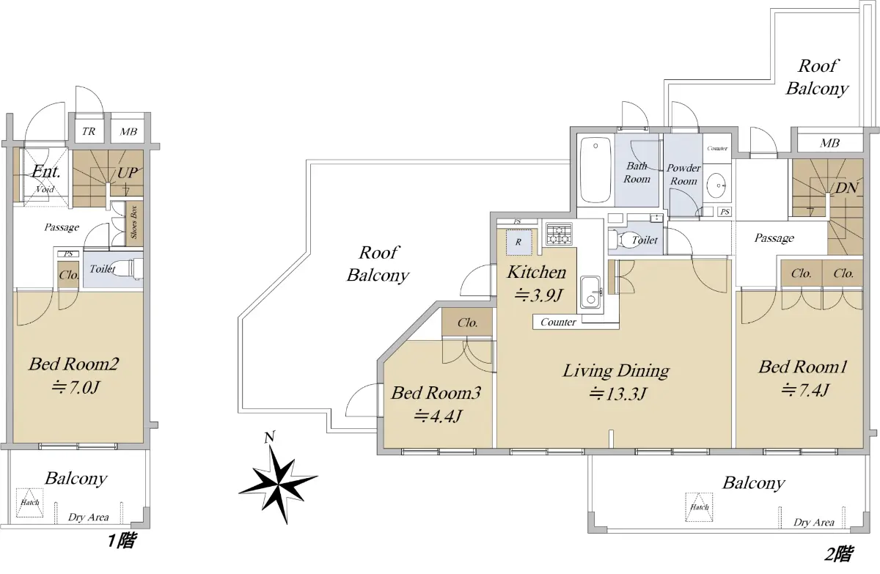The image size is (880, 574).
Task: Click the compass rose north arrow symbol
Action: pos(279,479)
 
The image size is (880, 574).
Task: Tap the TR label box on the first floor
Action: pos(89,131)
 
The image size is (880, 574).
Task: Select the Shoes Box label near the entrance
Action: pos(134,223)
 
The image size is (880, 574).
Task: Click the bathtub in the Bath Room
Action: pos(595,169)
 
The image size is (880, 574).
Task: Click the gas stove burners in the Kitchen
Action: pos(559,233)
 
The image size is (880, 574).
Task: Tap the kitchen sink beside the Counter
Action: pos(590,292)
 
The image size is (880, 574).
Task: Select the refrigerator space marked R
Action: pos(518,242)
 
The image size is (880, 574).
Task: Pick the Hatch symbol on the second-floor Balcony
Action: pos(700,507)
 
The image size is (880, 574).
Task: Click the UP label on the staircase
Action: pos(128,173)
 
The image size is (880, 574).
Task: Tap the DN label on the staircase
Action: pos(846,188)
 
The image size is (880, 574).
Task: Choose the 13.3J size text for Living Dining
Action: pos(618,394)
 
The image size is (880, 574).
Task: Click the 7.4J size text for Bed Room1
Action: pos(804,390)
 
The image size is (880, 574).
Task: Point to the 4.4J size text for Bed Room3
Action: pos(437,416)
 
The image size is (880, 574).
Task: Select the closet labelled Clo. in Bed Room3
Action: pos(467,323)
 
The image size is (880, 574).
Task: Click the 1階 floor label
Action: pos(122,540)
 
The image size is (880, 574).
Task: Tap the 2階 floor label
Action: pos(838,554)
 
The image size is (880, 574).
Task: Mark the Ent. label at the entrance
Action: pos(46,172)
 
